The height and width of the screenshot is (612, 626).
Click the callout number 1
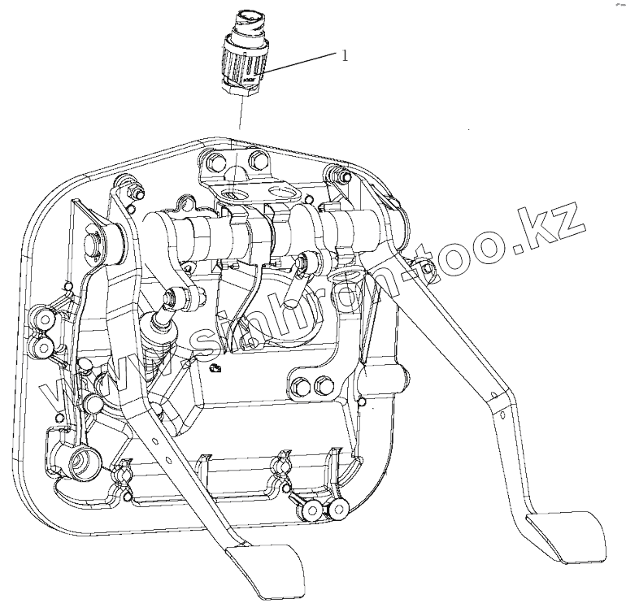[x=345, y=56]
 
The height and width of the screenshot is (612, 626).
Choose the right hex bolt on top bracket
[x=258, y=158]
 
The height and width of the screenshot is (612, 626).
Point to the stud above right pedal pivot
[x=331, y=171]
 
